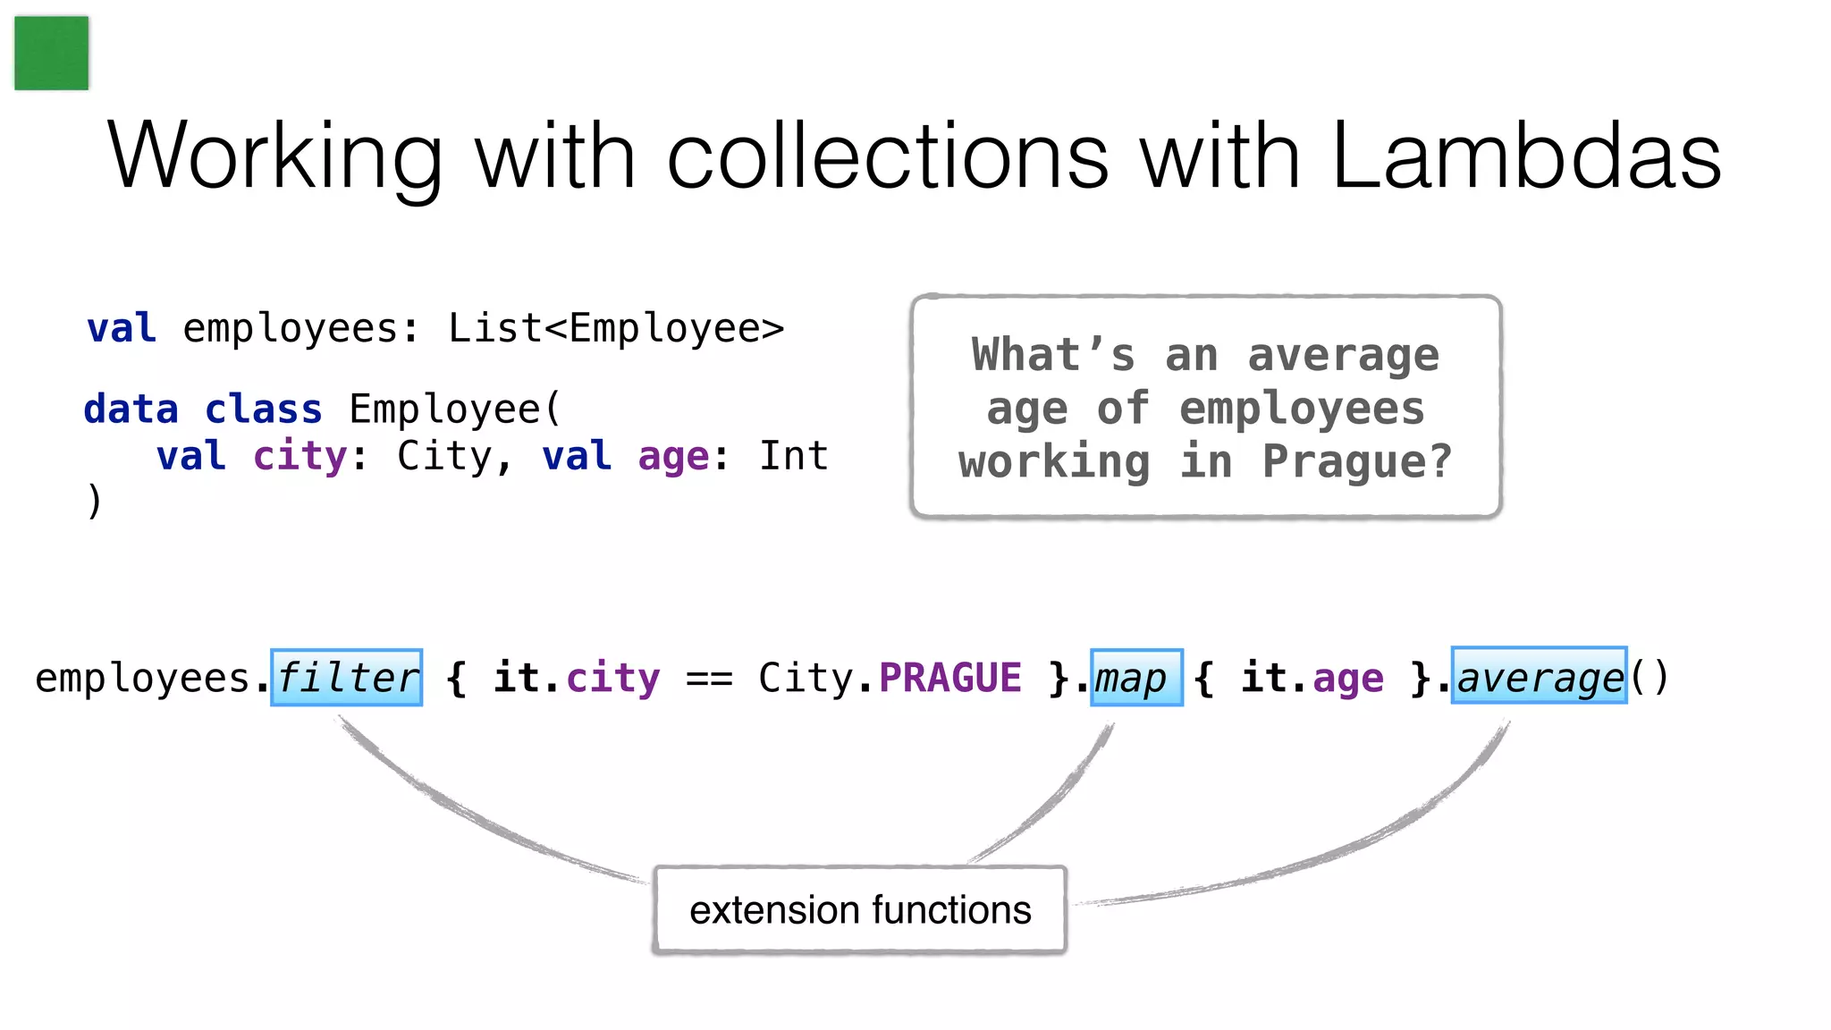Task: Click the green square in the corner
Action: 52,53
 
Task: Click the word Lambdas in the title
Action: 1526,156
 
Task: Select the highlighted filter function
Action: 347,678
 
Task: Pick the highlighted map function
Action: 1136,678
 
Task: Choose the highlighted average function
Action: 1539,676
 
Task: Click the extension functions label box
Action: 860,910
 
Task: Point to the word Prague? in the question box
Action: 1357,461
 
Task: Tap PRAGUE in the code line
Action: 950,678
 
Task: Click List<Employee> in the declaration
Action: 616,328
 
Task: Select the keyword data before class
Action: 131,409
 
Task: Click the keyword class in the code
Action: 263,409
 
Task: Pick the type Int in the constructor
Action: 793,456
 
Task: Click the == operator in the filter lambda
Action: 709,680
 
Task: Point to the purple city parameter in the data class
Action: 300,456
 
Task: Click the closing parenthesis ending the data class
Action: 95,501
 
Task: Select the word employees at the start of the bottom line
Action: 143,679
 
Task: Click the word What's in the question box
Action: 1053,355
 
